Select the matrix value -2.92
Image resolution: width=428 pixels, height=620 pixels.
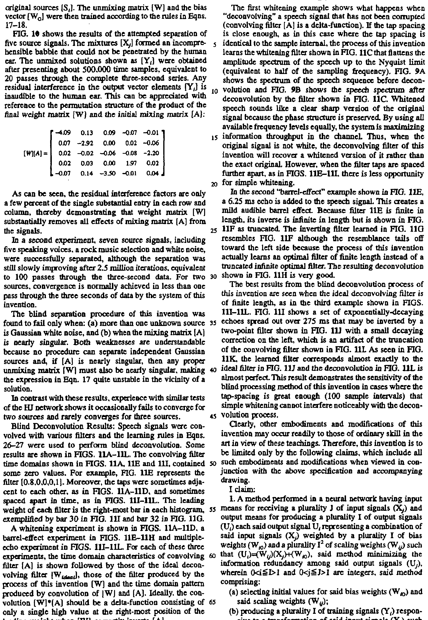coord(86,143)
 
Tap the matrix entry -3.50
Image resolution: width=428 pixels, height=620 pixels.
coord(109,173)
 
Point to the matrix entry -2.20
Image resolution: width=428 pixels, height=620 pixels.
coord(152,153)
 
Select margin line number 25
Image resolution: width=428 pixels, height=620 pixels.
coord(214,231)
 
